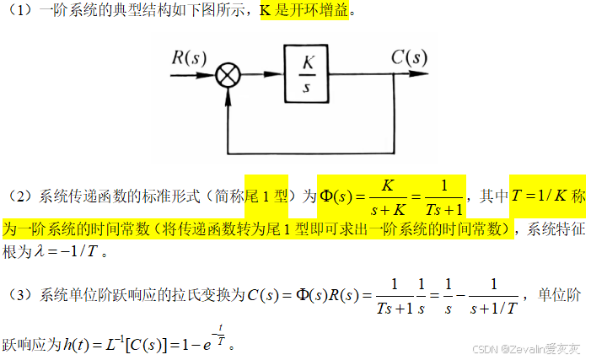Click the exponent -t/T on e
(x=222, y=335)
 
